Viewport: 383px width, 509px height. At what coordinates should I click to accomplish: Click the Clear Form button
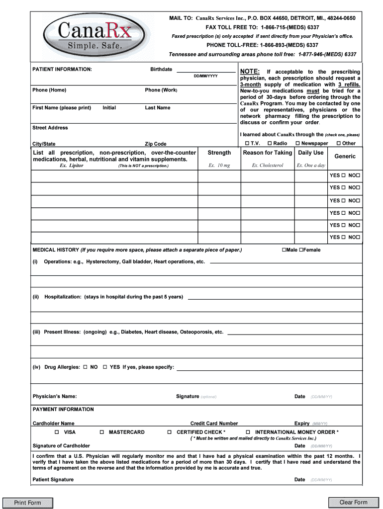(353, 503)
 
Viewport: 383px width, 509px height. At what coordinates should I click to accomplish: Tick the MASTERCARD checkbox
(102, 432)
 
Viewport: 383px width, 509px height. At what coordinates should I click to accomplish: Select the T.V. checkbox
(247, 144)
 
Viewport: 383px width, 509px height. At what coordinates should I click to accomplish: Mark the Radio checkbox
(269, 144)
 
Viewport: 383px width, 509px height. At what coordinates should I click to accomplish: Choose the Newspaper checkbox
(297, 144)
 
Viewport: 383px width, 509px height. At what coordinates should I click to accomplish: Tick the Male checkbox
(284, 250)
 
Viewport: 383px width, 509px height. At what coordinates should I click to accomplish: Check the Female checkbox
(301, 250)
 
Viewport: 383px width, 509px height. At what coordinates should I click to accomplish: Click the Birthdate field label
(161, 69)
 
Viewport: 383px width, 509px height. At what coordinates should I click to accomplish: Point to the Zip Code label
(156, 144)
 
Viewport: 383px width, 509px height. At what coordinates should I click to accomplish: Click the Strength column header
(219, 153)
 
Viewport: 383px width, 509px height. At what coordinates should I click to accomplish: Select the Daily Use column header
(310, 153)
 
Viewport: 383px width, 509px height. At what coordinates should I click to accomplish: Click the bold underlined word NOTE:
(250, 72)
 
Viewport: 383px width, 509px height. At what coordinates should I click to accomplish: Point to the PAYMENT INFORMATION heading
(63, 410)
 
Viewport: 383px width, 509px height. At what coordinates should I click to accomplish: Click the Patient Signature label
(53, 480)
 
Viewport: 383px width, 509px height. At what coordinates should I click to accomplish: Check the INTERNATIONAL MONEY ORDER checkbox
(249, 432)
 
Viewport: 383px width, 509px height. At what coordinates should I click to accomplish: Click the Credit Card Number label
(214, 424)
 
